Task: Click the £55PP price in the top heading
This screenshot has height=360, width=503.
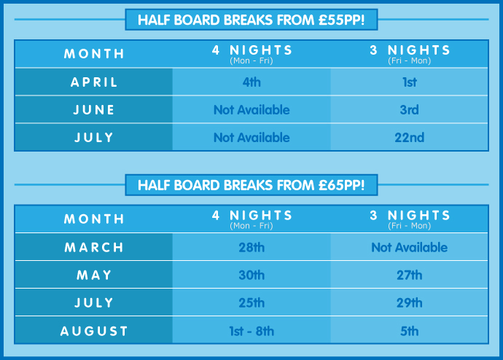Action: pyautogui.click(x=341, y=20)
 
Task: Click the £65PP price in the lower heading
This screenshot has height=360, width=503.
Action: pyautogui.click(x=341, y=185)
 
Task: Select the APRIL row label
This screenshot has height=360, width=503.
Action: pyautogui.click(x=94, y=82)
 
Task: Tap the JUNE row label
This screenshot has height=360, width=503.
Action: pyautogui.click(x=94, y=110)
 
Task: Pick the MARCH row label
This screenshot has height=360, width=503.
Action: pyautogui.click(x=94, y=248)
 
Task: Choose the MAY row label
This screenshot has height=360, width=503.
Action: pyautogui.click(x=94, y=275)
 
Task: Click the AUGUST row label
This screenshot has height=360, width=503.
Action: pyautogui.click(x=94, y=331)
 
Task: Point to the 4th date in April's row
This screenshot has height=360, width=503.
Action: pyautogui.click(x=251, y=82)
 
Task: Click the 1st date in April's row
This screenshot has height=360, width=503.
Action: pyautogui.click(x=410, y=82)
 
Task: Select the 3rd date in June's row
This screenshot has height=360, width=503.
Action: pyautogui.click(x=410, y=110)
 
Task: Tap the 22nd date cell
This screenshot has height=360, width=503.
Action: pyautogui.click(x=410, y=138)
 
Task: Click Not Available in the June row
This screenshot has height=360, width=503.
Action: pyautogui.click(x=251, y=110)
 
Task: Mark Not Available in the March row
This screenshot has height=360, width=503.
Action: pyautogui.click(x=410, y=248)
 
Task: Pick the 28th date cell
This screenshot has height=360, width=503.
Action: pyautogui.click(x=251, y=248)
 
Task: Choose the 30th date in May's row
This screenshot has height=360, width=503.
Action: pyautogui.click(x=251, y=275)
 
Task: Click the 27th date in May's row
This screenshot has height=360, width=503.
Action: pyautogui.click(x=410, y=275)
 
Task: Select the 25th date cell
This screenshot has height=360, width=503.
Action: pyautogui.click(x=251, y=303)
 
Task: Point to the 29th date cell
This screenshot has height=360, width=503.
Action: pyautogui.click(x=410, y=303)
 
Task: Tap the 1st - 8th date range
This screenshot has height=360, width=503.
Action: pyautogui.click(x=251, y=331)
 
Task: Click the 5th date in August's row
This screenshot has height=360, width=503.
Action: pyautogui.click(x=410, y=331)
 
